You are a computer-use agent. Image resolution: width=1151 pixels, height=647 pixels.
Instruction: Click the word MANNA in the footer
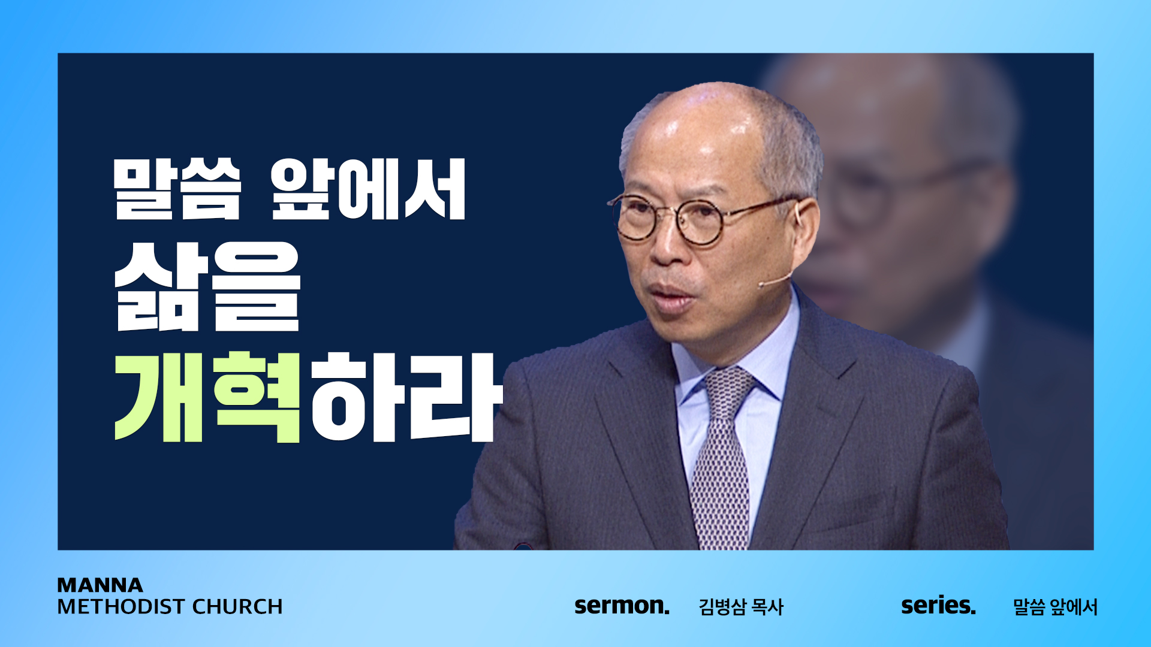point(100,585)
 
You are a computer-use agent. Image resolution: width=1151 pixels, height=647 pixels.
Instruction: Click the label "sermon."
point(622,606)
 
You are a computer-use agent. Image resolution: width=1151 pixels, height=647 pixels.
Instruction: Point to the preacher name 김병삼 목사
point(741,607)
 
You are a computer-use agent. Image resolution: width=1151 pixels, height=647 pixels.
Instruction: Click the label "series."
point(938,606)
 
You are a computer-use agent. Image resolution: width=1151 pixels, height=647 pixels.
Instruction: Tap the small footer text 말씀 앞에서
point(1055,607)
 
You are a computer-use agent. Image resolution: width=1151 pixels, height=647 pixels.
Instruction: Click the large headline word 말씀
point(177,189)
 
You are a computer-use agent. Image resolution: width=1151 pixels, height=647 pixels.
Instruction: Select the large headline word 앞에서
point(368,189)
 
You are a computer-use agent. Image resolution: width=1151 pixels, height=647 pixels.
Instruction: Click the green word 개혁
point(207,397)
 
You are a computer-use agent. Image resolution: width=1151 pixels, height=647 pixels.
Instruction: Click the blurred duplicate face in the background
point(911,198)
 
